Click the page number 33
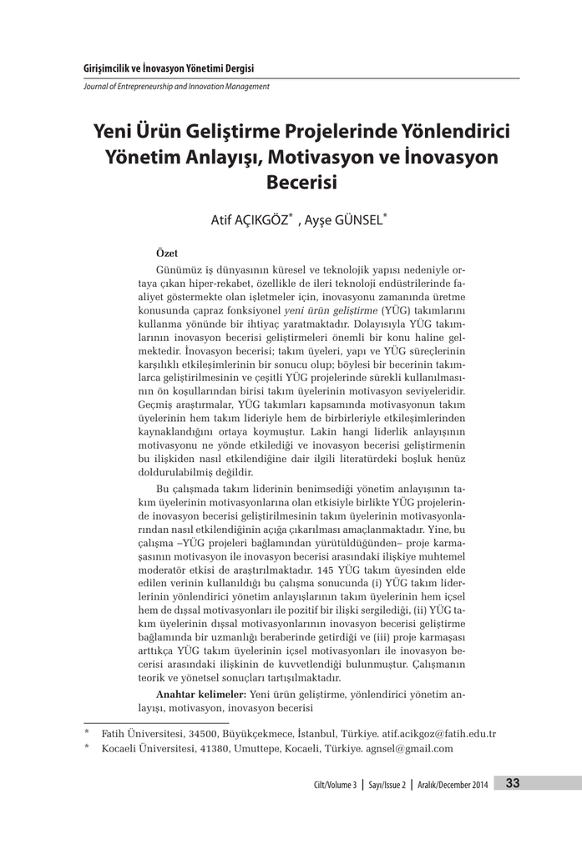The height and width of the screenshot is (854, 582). [513, 782]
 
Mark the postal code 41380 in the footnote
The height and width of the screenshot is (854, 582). [211, 749]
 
